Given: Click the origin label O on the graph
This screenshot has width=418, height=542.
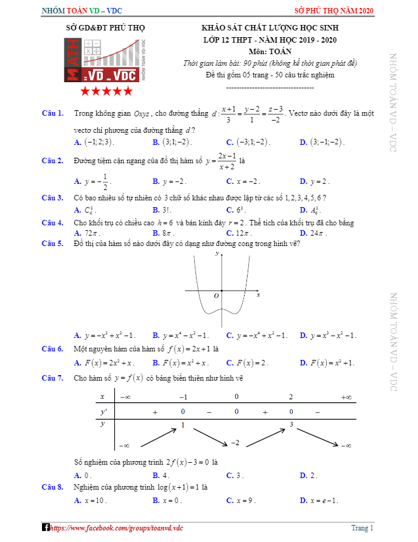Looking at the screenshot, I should tap(215, 296).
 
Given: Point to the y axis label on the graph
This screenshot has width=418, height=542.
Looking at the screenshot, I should tap(217, 253).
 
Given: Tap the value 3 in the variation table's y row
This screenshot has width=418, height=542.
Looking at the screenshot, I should tap(291, 424).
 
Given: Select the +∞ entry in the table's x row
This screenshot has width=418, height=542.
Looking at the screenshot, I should tap(346, 397).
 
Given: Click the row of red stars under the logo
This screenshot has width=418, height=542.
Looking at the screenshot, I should tap(106, 91).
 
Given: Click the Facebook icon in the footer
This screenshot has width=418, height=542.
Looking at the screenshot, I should tap(45, 527).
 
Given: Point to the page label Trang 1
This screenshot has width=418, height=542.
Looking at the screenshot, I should tap(362, 528).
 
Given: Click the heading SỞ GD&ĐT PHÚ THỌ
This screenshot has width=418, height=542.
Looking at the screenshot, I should tap(105, 28).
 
